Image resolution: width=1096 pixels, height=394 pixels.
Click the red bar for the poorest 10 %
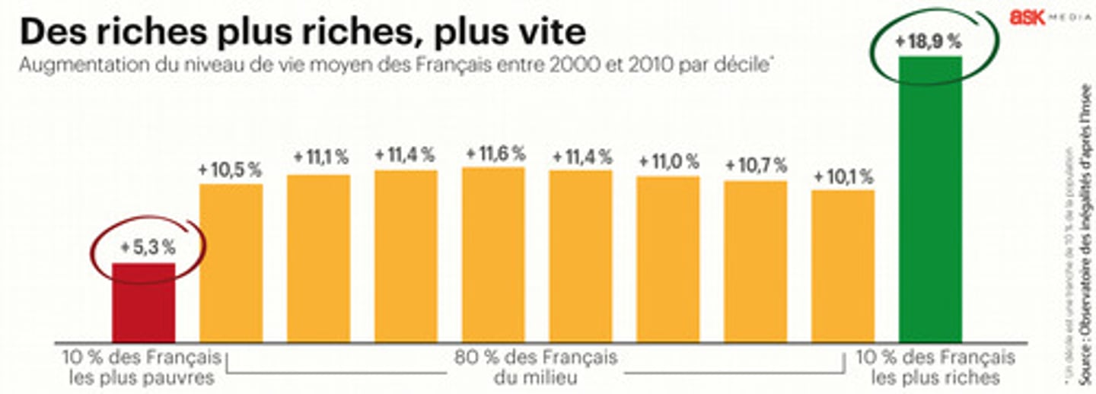point(144,302)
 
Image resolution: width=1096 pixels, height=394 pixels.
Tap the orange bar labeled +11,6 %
point(493,255)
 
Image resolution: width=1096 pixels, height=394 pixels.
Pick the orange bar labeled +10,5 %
point(231,263)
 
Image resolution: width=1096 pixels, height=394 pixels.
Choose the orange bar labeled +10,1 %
point(843,266)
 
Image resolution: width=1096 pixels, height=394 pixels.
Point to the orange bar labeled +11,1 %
point(318,259)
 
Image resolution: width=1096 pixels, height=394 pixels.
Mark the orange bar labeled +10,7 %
point(755,262)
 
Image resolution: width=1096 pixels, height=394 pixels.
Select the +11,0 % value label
point(668,161)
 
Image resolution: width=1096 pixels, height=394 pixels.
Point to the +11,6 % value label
point(495,154)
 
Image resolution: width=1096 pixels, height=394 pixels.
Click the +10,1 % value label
point(843,177)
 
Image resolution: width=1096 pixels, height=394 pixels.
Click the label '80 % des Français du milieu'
point(536,367)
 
